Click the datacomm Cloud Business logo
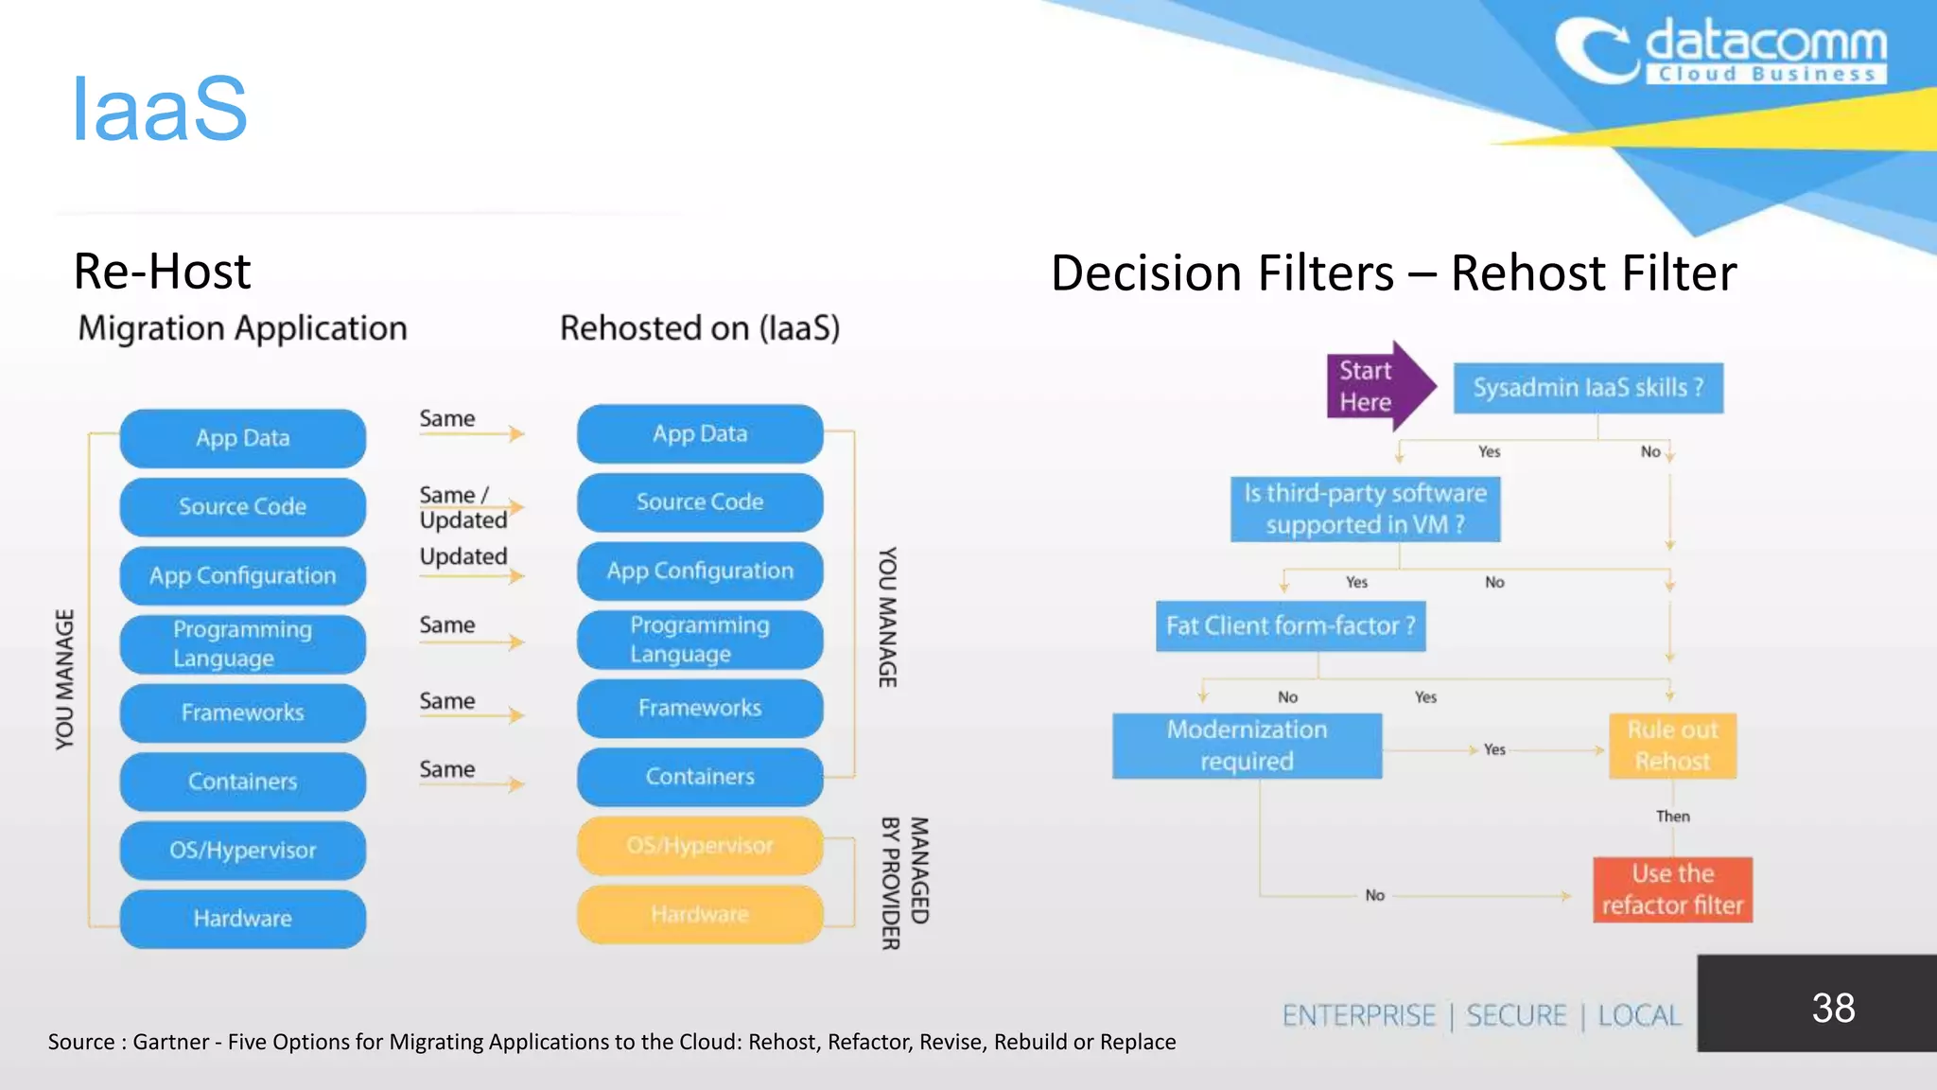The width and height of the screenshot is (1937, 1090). click(1721, 52)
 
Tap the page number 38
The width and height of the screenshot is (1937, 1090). click(1833, 1008)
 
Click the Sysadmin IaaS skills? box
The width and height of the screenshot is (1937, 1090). click(1588, 388)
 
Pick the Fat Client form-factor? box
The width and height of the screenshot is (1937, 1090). click(1290, 626)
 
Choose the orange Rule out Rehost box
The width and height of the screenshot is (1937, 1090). click(1672, 746)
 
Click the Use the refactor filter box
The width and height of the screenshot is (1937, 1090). click(1672, 889)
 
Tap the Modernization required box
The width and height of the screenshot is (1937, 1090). click(1247, 746)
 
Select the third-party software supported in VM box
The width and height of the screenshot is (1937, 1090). click(1365, 509)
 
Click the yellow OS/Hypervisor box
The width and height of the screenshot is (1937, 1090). click(700, 846)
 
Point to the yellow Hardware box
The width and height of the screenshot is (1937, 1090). click(700, 914)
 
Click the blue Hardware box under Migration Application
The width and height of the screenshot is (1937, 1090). click(243, 919)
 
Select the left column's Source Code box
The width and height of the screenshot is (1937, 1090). click(243, 507)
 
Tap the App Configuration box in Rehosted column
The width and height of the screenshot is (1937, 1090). click(700, 571)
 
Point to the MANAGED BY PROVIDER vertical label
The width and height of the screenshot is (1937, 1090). click(904, 882)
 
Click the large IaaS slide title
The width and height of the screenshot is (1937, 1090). click(160, 110)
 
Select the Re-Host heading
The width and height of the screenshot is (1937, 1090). click(162, 272)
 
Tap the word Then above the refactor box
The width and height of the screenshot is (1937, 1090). click(1672, 817)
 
